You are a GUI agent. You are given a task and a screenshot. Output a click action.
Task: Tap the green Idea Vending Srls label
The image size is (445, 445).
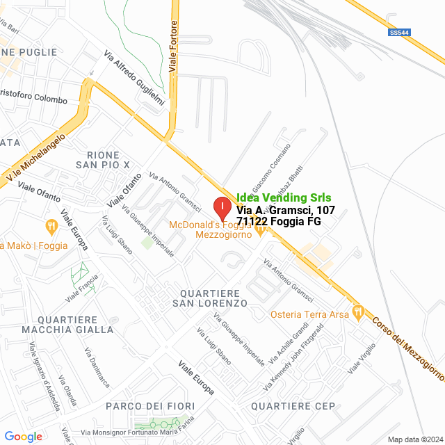point(284,197)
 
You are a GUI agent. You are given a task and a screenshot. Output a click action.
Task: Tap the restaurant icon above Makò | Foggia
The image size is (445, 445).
point(51,225)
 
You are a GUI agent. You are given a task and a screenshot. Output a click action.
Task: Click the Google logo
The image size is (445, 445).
point(23,436)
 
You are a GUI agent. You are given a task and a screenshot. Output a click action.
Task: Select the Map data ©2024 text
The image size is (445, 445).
point(414,439)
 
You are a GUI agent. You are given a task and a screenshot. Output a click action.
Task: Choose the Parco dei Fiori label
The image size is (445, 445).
point(149,405)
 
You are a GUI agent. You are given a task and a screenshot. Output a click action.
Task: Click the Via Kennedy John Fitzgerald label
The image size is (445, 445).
point(297,357)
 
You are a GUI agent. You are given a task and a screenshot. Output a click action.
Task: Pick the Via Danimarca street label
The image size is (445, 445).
point(97,368)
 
